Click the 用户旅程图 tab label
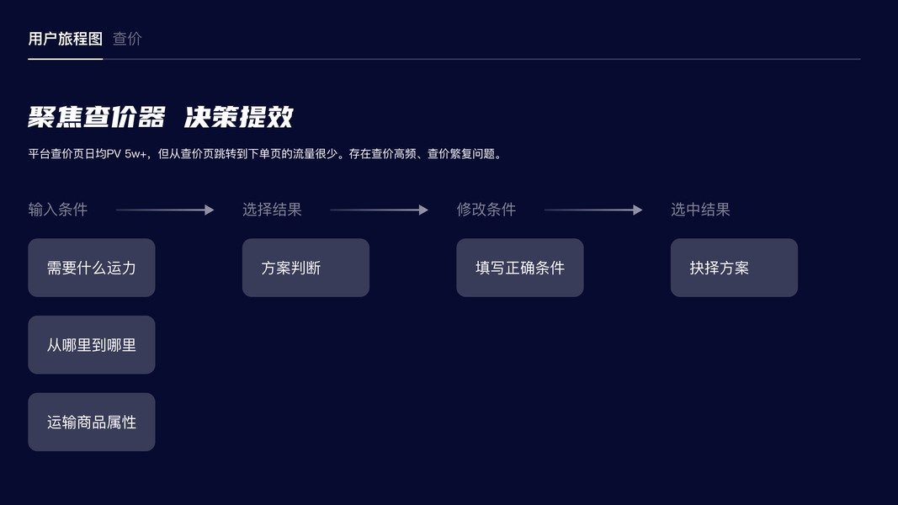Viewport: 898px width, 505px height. (65, 39)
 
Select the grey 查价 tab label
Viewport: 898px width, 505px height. (127, 39)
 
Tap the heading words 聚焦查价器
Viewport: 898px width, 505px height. (97, 117)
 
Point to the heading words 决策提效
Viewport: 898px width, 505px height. (239, 117)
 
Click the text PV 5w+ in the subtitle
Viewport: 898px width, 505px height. (126, 154)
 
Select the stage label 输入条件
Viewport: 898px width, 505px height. (58, 210)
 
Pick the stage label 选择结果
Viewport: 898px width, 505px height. (272, 210)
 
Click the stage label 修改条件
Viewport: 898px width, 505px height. (486, 210)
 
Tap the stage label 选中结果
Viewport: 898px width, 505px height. (700, 210)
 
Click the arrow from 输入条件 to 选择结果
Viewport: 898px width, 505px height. (165, 210)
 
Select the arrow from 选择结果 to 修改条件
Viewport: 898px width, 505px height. (379, 210)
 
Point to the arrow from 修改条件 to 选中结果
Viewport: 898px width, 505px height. (593, 210)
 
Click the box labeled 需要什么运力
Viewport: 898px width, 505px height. (92, 268)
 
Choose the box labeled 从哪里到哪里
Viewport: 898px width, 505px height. (92, 345)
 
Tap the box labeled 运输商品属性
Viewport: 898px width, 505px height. (92, 422)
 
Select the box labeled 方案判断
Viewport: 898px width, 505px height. (306, 268)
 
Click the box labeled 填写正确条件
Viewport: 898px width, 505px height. (520, 268)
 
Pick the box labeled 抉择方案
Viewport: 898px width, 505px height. (734, 268)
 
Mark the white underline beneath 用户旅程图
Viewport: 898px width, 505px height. (65, 59)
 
